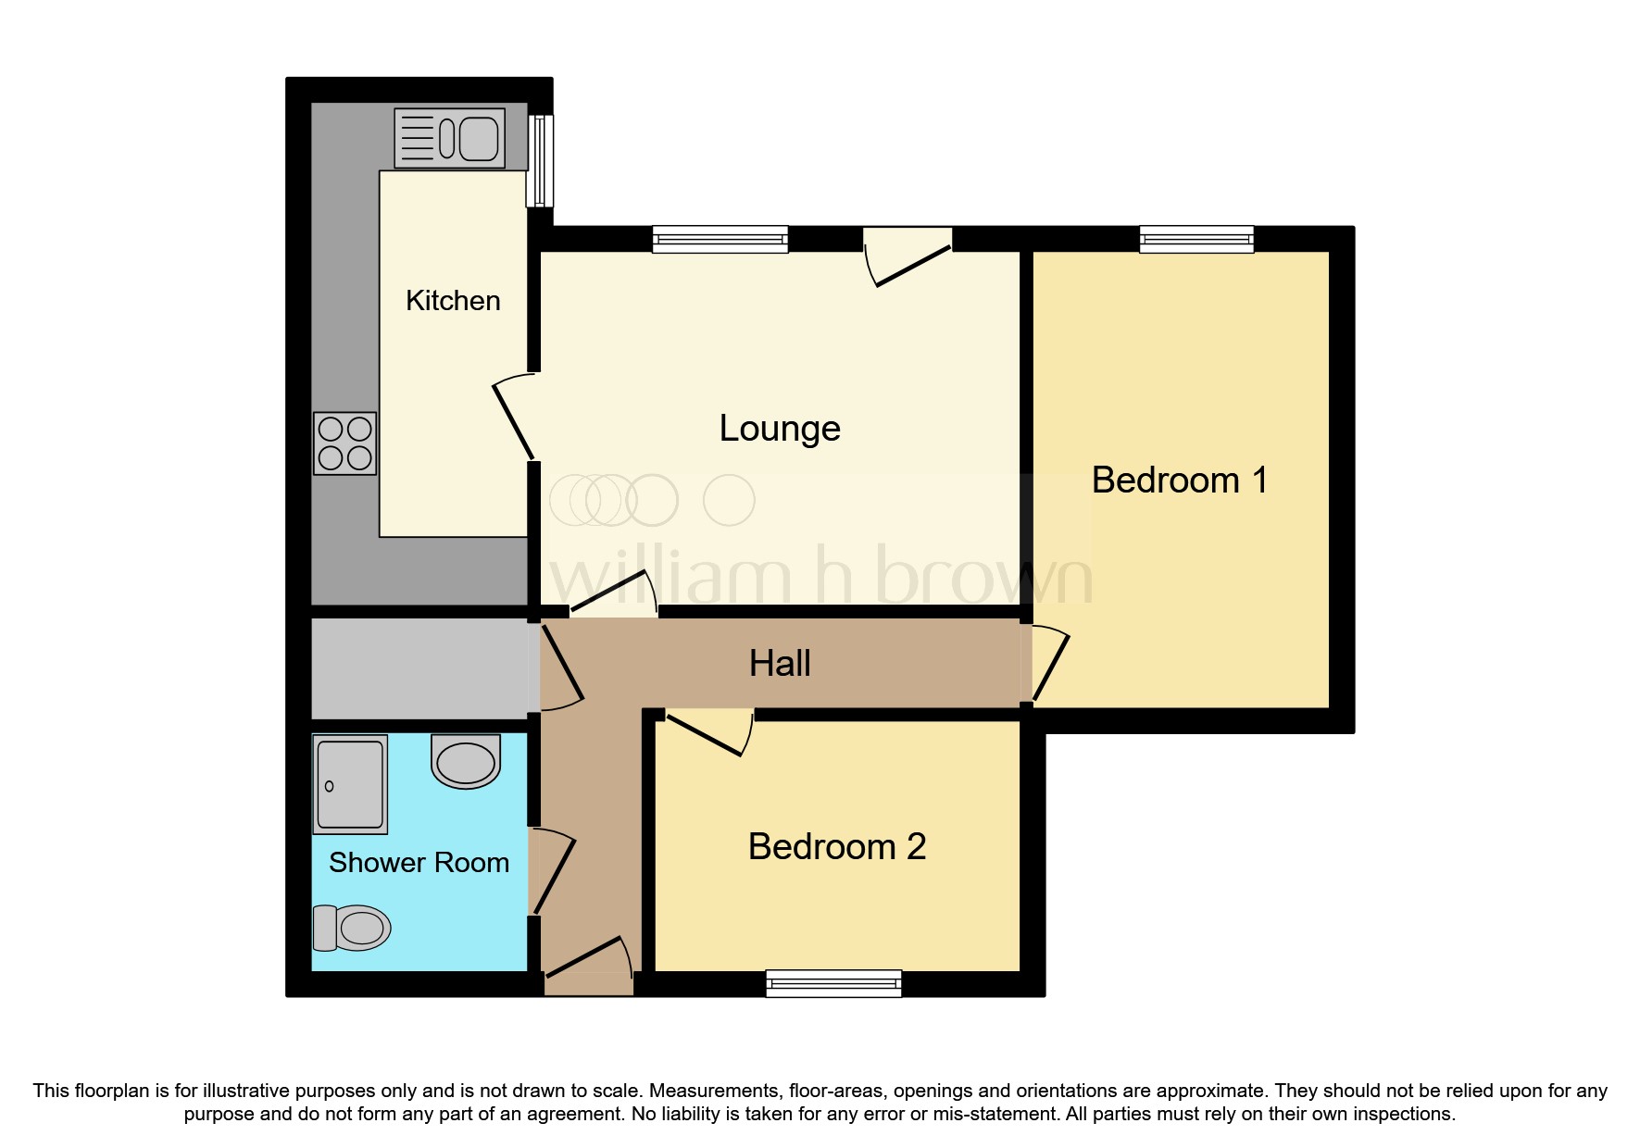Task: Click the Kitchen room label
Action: pos(453,301)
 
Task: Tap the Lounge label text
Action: pos(780,429)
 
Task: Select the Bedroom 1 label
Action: pos(1178,480)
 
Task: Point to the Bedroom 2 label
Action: pos(836,847)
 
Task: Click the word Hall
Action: pos(780,664)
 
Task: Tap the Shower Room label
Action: pos(419,863)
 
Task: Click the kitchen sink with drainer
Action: pos(450,139)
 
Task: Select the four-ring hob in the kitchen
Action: pos(345,443)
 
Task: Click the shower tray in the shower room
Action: pos(350,785)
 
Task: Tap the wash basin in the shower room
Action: pos(466,761)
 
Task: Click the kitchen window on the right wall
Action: pos(540,161)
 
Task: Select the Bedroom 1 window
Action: pos(1196,240)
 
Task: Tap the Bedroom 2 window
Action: pos(833,983)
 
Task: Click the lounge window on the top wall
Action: pos(720,240)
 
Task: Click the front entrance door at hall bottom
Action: pos(589,963)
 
